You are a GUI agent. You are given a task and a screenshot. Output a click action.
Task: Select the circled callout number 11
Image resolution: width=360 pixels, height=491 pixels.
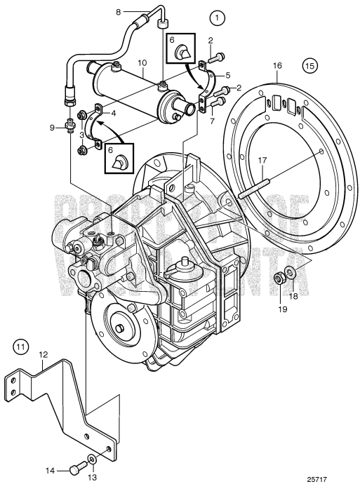point(22,347)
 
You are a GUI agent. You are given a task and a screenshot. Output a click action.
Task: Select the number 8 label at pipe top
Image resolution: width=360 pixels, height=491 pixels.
point(119,11)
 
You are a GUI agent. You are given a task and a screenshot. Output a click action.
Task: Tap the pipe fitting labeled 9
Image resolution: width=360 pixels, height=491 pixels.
point(71,128)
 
